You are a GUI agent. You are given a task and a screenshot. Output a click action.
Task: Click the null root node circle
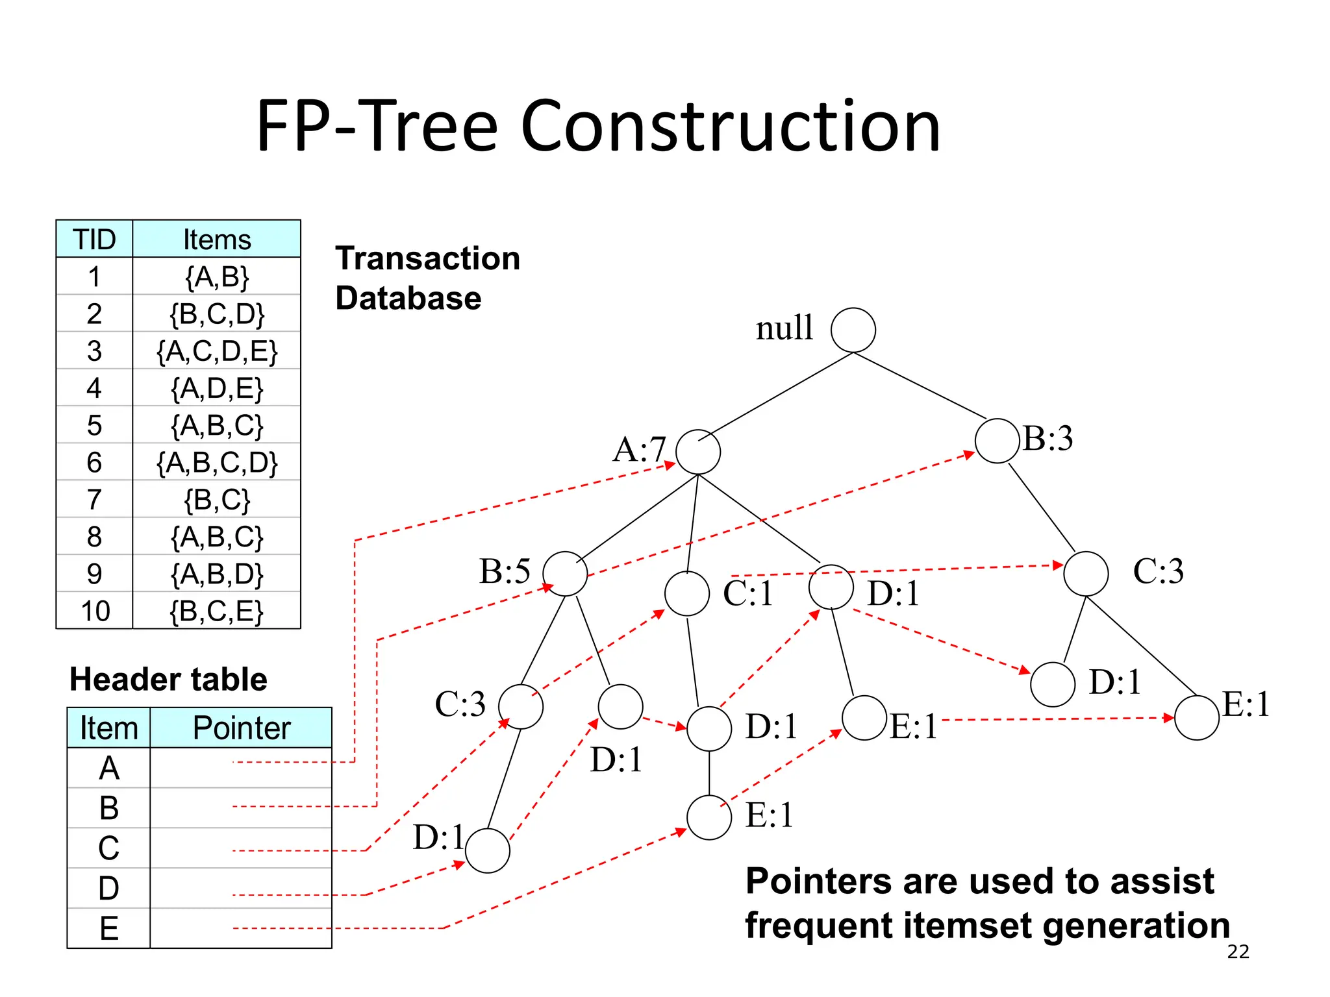853,330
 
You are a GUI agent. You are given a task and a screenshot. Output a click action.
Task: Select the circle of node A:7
698,452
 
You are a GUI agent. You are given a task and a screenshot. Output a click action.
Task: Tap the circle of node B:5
565,574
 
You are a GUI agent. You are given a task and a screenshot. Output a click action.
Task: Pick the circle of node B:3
997,441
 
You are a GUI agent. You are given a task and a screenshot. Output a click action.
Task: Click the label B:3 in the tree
1048,438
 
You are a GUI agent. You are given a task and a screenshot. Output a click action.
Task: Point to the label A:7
639,449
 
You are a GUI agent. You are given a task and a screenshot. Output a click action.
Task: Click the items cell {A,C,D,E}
217,351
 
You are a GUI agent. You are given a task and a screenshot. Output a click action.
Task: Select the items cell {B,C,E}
217,611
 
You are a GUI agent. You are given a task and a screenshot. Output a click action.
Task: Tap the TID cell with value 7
94,500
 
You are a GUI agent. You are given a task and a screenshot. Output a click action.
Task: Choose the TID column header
94,240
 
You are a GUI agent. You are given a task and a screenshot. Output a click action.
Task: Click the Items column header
217,240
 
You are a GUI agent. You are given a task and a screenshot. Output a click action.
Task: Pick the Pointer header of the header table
242,728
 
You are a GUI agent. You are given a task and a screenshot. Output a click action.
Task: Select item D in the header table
108,888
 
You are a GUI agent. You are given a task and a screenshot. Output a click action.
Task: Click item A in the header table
108,768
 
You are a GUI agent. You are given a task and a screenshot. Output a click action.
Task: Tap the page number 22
1238,952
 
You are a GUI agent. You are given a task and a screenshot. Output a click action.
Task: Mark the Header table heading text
168,680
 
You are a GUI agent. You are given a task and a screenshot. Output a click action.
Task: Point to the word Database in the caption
408,299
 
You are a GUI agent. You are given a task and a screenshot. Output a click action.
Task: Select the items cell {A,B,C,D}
217,463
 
